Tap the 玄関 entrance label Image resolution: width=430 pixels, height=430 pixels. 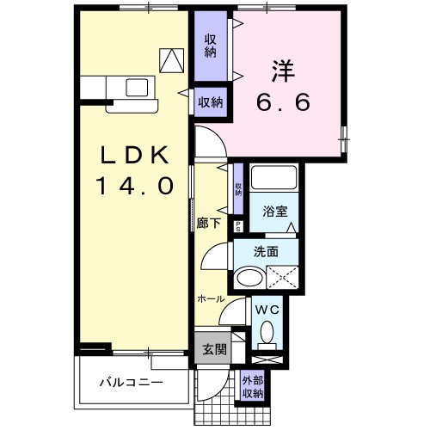pyautogui.click(x=213, y=350)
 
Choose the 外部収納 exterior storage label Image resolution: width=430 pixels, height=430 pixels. pyautogui.click(x=252, y=387)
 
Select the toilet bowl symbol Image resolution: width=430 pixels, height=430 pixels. pyautogui.click(x=266, y=331)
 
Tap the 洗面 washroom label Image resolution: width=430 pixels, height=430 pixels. pyautogui.click(x=266, y=252)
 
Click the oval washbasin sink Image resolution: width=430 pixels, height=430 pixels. pyautogui.click(x=250, y=278)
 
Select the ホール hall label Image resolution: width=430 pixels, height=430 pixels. pyautogui.click(x=211, y=298)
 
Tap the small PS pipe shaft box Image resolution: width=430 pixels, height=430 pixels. pyautogui.click(x=238, y=225)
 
